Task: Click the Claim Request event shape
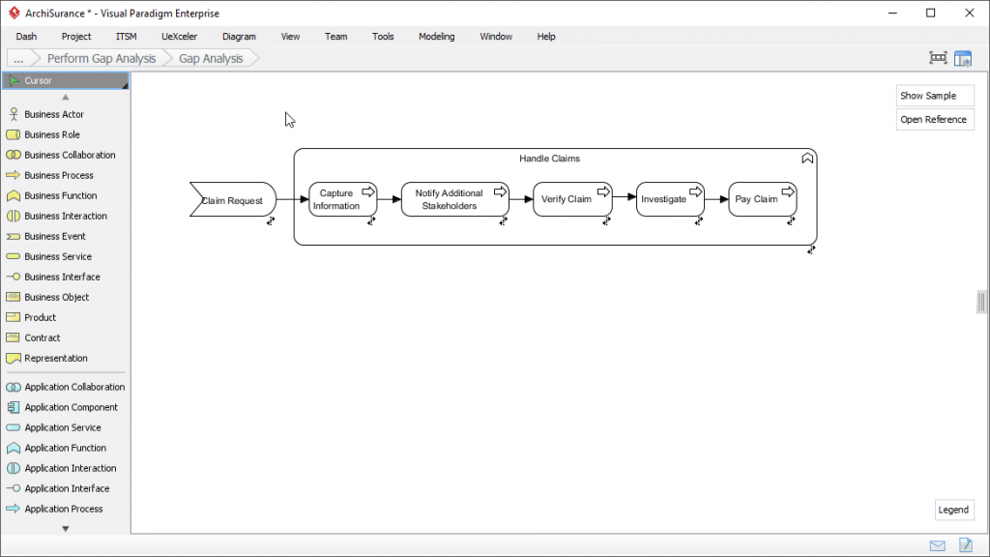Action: (x=232, y=200)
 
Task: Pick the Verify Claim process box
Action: (x=568, y=199)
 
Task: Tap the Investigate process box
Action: (x=664, y=199)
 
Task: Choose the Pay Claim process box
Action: (x=757, y=199)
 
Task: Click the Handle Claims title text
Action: (x=549, y=159)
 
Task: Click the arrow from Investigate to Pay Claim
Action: (x=716, y=199)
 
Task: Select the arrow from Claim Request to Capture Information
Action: (x=292, y=200)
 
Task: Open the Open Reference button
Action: (x=934, y=120)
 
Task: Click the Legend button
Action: (x=953, y=510)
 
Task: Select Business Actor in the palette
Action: (x=54, y=114)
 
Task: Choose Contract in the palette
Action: (x=43, y=337)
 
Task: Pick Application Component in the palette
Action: (x=71, y=407)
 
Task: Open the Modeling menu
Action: (x=436, y=37)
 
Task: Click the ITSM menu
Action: (x=126, y=37)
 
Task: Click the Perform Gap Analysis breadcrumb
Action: (x=102, y=58)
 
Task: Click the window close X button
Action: (x=967, y=14)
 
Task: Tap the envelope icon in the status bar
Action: (x=938, y=545)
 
